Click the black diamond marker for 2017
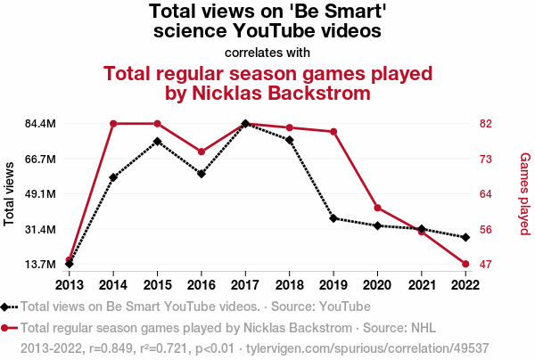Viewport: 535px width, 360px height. [245, 124]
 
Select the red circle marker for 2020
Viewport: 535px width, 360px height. [378, 209]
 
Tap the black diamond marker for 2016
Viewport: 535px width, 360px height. [202, 174]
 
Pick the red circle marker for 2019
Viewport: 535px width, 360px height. [333, 132]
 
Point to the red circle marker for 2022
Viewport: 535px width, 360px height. [465, 264]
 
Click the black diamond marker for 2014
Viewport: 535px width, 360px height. [113, 177]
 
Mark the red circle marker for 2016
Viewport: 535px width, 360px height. [202, 151]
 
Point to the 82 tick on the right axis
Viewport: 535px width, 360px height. [487, 124]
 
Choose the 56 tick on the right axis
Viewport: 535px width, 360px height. [487, 229]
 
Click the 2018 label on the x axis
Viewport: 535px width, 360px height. [290, 284]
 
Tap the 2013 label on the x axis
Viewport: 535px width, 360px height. [69, 284]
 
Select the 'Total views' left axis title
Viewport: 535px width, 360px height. [10, 193]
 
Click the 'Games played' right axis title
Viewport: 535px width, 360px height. [524, 193]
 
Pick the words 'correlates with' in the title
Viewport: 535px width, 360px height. [267, 52]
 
